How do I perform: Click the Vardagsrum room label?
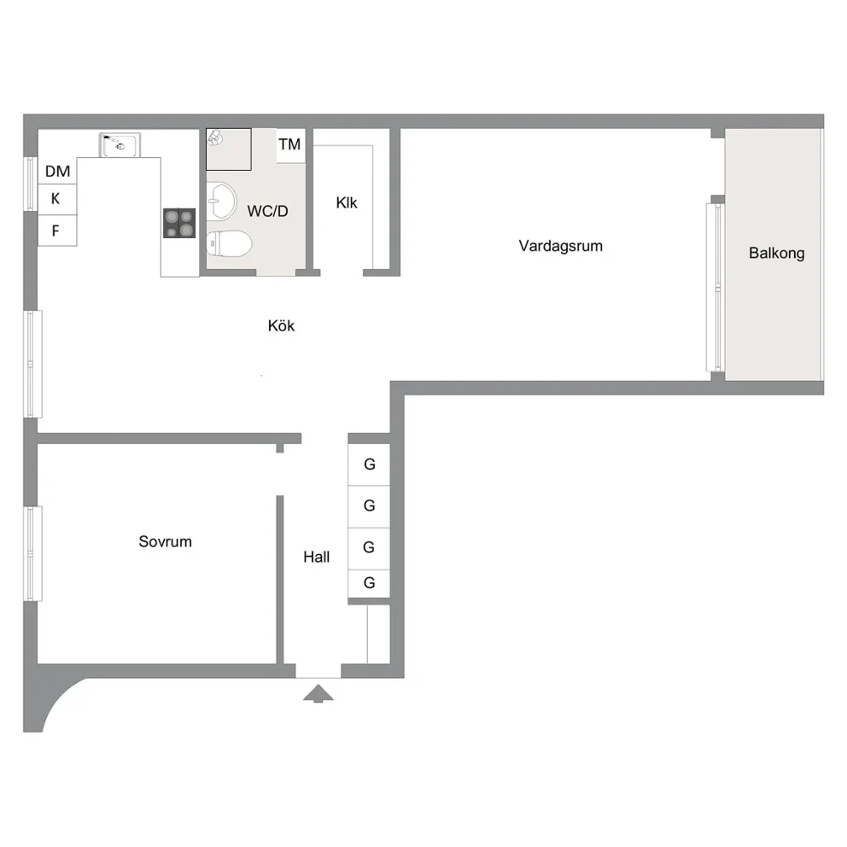coord(560,246)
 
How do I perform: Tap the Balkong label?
coord(776,253)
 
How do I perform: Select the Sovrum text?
coord(165,541)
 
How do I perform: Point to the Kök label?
coord(281,325)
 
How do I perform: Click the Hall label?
coord(316,557)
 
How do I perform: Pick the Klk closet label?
coord(347,202)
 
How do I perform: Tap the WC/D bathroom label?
coord(267,211)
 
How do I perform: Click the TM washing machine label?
coord(289,144)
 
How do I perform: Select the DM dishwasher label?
coord(57,172)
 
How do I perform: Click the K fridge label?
coord(55,199)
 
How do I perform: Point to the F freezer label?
coord(55,231)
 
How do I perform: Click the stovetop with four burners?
coord(179,223)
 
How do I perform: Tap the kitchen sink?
coord(120,145)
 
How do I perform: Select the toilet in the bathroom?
coord(229,244)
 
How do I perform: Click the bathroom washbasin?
coord(221,201)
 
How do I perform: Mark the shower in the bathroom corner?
coord(229,149)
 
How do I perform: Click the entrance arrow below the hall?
coord(318,693)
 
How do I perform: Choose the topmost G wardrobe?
coord(369,464)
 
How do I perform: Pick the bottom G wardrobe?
coord(369,583)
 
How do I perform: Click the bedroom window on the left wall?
coord(32,553)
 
